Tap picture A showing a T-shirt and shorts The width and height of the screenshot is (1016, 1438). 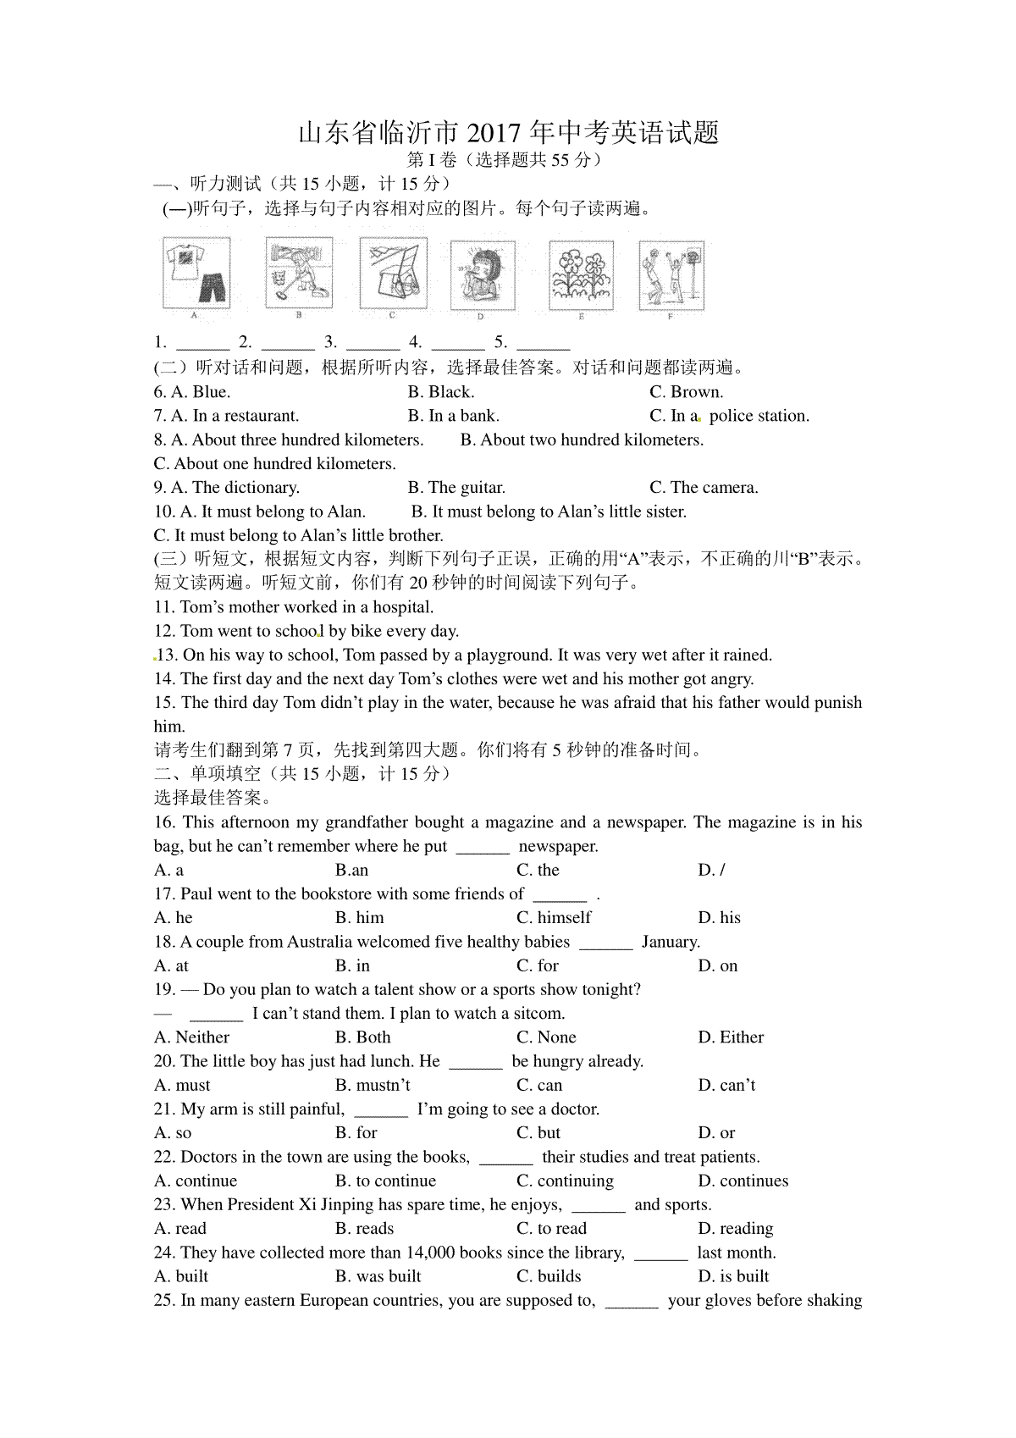pyautogui.click(x=196, y=273)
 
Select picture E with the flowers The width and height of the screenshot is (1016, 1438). pyautogui.click(x=581, y=274)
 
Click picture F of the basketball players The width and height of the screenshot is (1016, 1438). pyautogui.click(x=671, y=274)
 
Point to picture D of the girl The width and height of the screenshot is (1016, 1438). pyautogui.click(x=482, y=274)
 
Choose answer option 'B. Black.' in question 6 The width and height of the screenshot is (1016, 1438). pyautogui.click(x=440, y=392)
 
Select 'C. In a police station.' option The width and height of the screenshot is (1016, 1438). pyautogui.click(x=729, y=416)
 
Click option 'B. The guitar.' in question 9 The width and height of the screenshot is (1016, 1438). pyautogui.click(x=456, y=488)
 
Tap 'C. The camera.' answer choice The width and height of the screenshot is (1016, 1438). pyautogui.click(x=704, y=488)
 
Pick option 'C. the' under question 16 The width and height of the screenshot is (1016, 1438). pyautogui.click(x=538, y=870)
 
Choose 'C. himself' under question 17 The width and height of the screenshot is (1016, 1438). pyautogui.click(x=554, y=918)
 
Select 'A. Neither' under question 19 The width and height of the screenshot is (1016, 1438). pyautogui.click(x=192, y=1037)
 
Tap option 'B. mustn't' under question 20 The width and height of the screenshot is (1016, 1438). pyautogui.click(x=373, y=1085)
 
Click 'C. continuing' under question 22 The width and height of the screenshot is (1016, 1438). pyautogui.click(x=565, y=1181)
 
